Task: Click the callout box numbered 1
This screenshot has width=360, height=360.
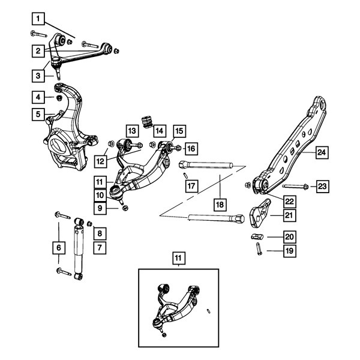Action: (38, 19)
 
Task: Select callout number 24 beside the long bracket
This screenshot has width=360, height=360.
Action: (322, 152)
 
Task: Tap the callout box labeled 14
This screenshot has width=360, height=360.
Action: (160, 131)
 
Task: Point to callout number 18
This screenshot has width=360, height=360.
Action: (220, 205)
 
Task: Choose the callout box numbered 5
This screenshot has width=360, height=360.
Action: (38, 114)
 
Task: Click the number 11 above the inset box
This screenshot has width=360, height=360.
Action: (178, 259)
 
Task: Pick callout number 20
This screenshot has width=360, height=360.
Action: (290, 237)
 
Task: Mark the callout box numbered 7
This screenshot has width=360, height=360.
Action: (100, 248)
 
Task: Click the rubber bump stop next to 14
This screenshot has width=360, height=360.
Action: (147, 122)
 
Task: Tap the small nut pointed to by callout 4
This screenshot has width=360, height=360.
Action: (59, 98)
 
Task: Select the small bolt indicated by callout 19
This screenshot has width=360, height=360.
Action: (259, 248)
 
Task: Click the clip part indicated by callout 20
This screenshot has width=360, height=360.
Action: (257, 236)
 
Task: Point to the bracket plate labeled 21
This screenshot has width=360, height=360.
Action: (259, 214)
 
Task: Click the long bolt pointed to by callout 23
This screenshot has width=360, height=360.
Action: (295, 187)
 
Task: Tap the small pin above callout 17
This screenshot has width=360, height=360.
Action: (186, 175)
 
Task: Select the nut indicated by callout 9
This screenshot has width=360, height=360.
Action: (125, 208)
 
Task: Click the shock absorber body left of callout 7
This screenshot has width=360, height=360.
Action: (79, 250)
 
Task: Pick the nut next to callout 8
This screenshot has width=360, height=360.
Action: (89, 223)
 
